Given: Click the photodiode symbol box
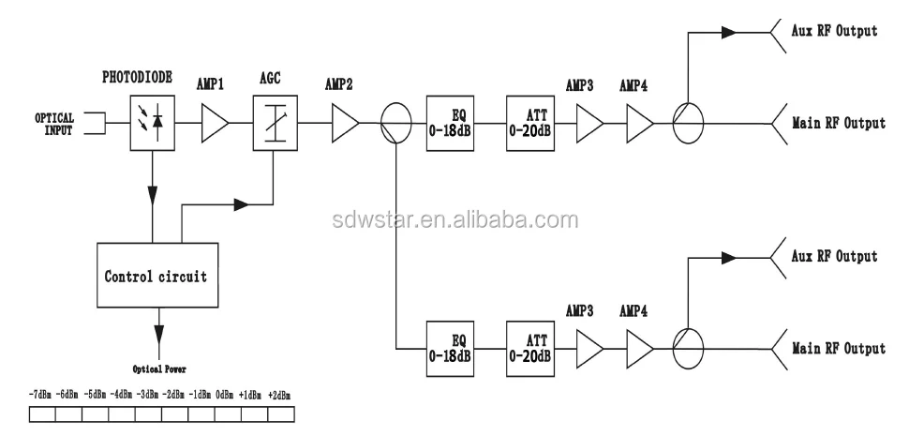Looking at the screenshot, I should click(x=151, y=123).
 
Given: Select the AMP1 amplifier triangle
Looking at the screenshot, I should click(x=215, y=123).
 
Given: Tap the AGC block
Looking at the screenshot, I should click(x=274, y=123).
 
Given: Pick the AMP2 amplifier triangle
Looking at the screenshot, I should click(x=344, y=123).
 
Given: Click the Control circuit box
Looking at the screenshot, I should click(x=156, y=277).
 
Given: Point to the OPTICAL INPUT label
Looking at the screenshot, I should click(x=54, y=124).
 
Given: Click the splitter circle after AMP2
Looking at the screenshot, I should click(x=395, y=123).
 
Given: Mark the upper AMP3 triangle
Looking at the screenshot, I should click(x=589, y=123).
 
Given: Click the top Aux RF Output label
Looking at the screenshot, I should click(x=834, y=31).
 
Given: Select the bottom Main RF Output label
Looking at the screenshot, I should click(x=838, y=349).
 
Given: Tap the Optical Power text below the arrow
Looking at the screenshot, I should click(x=158, y=370).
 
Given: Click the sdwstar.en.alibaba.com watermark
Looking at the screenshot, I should click(x=454, y=221).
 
